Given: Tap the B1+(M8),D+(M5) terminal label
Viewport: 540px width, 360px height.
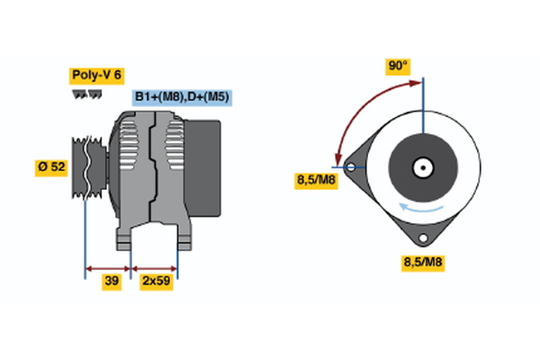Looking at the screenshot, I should [x=181, y=96].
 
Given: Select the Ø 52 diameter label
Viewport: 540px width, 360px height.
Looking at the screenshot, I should [x=50, y=166].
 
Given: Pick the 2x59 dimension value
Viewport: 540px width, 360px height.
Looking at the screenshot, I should [x=156, y=282].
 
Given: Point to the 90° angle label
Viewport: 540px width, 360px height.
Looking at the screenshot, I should [x=398, y=66].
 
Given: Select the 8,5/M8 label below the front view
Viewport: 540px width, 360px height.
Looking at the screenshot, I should [x=422, y=263].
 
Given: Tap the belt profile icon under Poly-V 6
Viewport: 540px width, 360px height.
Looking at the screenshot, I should [x=86, y=94].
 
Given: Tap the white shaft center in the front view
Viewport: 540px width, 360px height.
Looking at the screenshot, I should [x=421, y=167].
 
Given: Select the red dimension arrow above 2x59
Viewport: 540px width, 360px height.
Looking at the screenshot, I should [x=155, y=267].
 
